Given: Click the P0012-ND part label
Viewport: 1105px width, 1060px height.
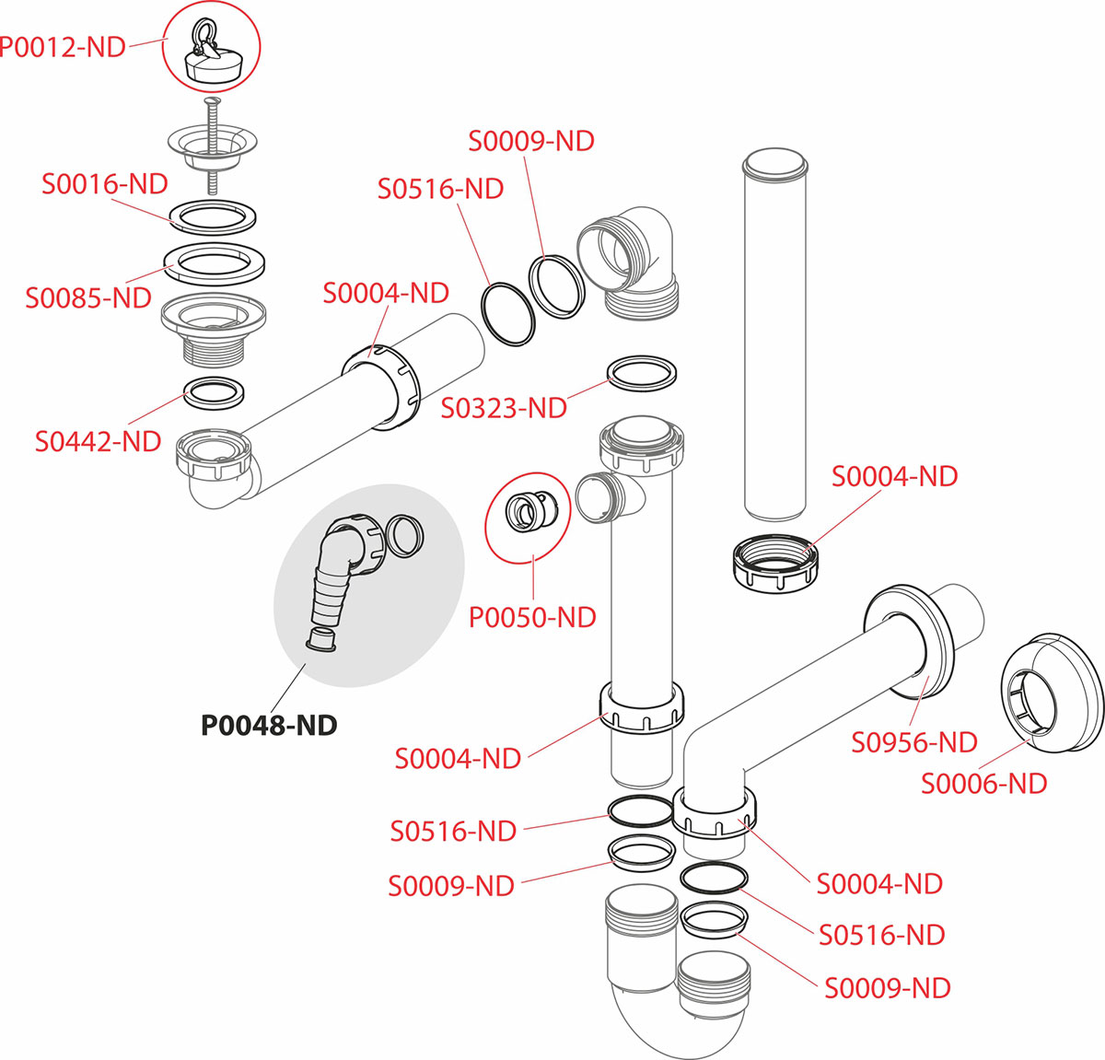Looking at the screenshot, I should (x=63, y=47).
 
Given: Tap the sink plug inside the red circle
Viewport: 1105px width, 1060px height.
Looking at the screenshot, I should (x=211, y=55).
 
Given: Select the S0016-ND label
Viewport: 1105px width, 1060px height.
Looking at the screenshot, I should (x=105, y=184).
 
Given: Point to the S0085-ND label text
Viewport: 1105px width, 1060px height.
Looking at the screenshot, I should (x=88, y=297).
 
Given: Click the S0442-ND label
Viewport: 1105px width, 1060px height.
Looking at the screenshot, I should (x=99, y=441).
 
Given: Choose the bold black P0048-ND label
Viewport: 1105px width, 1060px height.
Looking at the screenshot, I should (x=269, y=726).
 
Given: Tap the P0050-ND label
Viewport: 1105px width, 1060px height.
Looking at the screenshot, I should (x=532, y=617).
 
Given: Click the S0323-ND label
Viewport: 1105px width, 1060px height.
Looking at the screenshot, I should (x=504, y=407).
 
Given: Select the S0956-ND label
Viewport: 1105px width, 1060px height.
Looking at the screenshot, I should (x=914, y=741).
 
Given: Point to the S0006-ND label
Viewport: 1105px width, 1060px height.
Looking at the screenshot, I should (x=984, y=784).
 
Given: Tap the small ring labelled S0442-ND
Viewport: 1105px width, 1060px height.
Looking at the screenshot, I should (x=215, y=391).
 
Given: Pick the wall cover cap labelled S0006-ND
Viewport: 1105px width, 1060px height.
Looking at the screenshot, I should (x=1050, y=686).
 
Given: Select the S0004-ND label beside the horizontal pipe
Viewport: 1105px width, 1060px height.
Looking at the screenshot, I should (x=386, y=293).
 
